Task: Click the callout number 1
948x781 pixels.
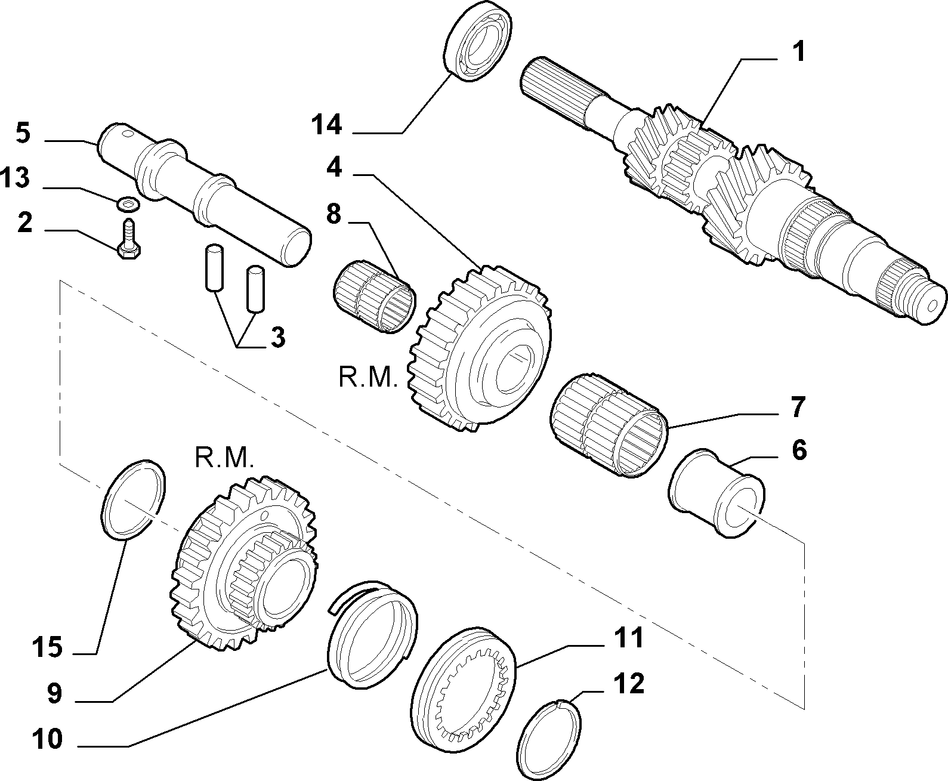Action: (799, 52)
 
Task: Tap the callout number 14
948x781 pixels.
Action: (326, 125)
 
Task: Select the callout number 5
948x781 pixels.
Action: (23, 133)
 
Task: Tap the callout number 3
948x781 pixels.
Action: (277, 337)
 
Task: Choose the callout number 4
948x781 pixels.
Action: (334, 168)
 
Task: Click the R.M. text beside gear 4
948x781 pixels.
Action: (368, 378)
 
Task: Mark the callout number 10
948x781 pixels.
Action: (47, 739)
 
